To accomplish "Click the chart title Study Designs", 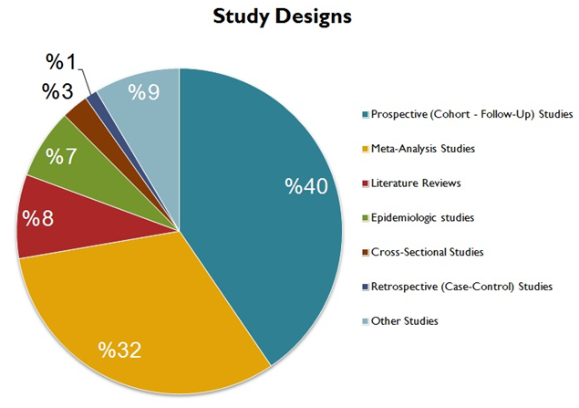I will [282, 17].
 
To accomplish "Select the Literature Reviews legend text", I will [416, 183].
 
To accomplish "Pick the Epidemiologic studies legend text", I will [422, 217].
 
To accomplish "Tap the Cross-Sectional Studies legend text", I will [427, 252].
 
